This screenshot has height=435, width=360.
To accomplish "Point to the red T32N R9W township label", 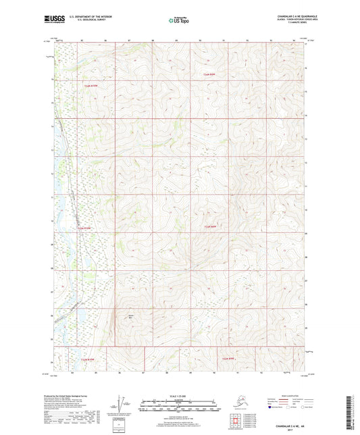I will (x=213, y=74).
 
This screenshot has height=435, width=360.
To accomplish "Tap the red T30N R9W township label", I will (x=231, y=359).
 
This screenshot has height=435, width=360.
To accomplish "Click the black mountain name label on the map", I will (x=130, y=315).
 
